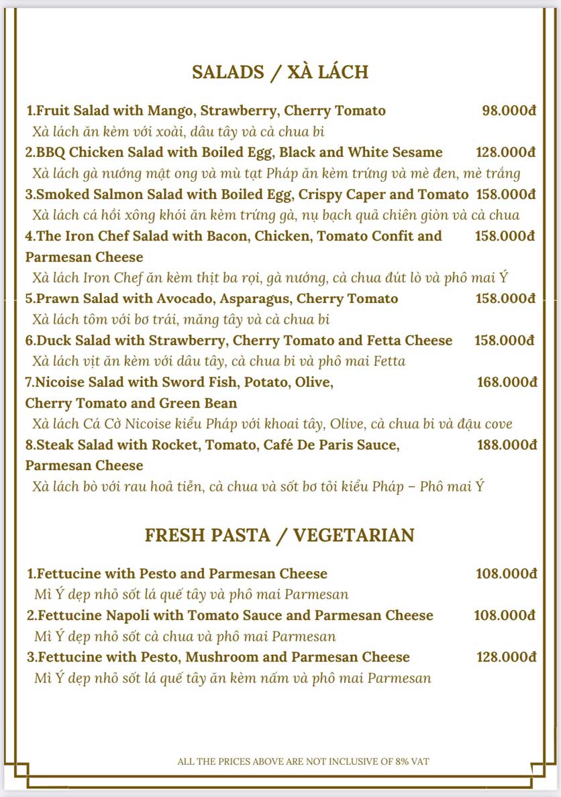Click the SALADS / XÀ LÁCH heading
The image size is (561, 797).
point(280,72)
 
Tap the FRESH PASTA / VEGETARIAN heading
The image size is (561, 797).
point(280,535)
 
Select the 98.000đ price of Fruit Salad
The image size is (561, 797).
point(509,111)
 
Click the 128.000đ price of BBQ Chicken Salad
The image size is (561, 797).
point(505,152)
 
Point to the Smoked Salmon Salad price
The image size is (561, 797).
point(505,194)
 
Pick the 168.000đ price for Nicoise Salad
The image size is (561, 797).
point(507,382)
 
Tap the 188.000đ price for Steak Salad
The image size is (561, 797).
point(507,444)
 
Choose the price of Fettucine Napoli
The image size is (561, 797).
point(505,615)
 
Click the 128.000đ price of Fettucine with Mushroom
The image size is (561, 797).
point(506,657)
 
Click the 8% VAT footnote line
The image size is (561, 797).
point(303,761)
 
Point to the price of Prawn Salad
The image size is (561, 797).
point(505,298)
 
